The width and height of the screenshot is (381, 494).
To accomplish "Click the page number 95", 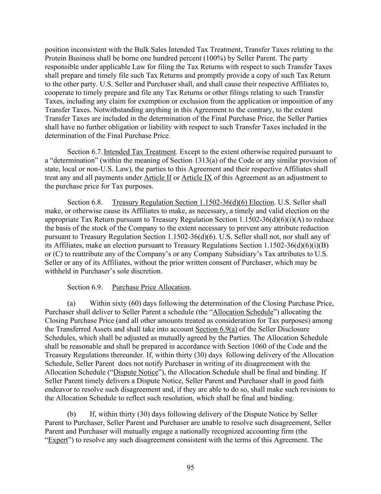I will [x=190, y=468].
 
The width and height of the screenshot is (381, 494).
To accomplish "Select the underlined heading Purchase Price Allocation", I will [x=151, y=287].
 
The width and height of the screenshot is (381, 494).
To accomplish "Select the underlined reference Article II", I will [x=157, y=178].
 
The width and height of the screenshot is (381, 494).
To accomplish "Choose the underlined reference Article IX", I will [x=196, y=178].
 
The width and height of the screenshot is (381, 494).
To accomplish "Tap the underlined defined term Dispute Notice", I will [x=136, y=372].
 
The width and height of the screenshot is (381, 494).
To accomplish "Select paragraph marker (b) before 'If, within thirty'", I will [x=72, y=414].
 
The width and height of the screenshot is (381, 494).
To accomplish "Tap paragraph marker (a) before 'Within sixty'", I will [x=72, y=303].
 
